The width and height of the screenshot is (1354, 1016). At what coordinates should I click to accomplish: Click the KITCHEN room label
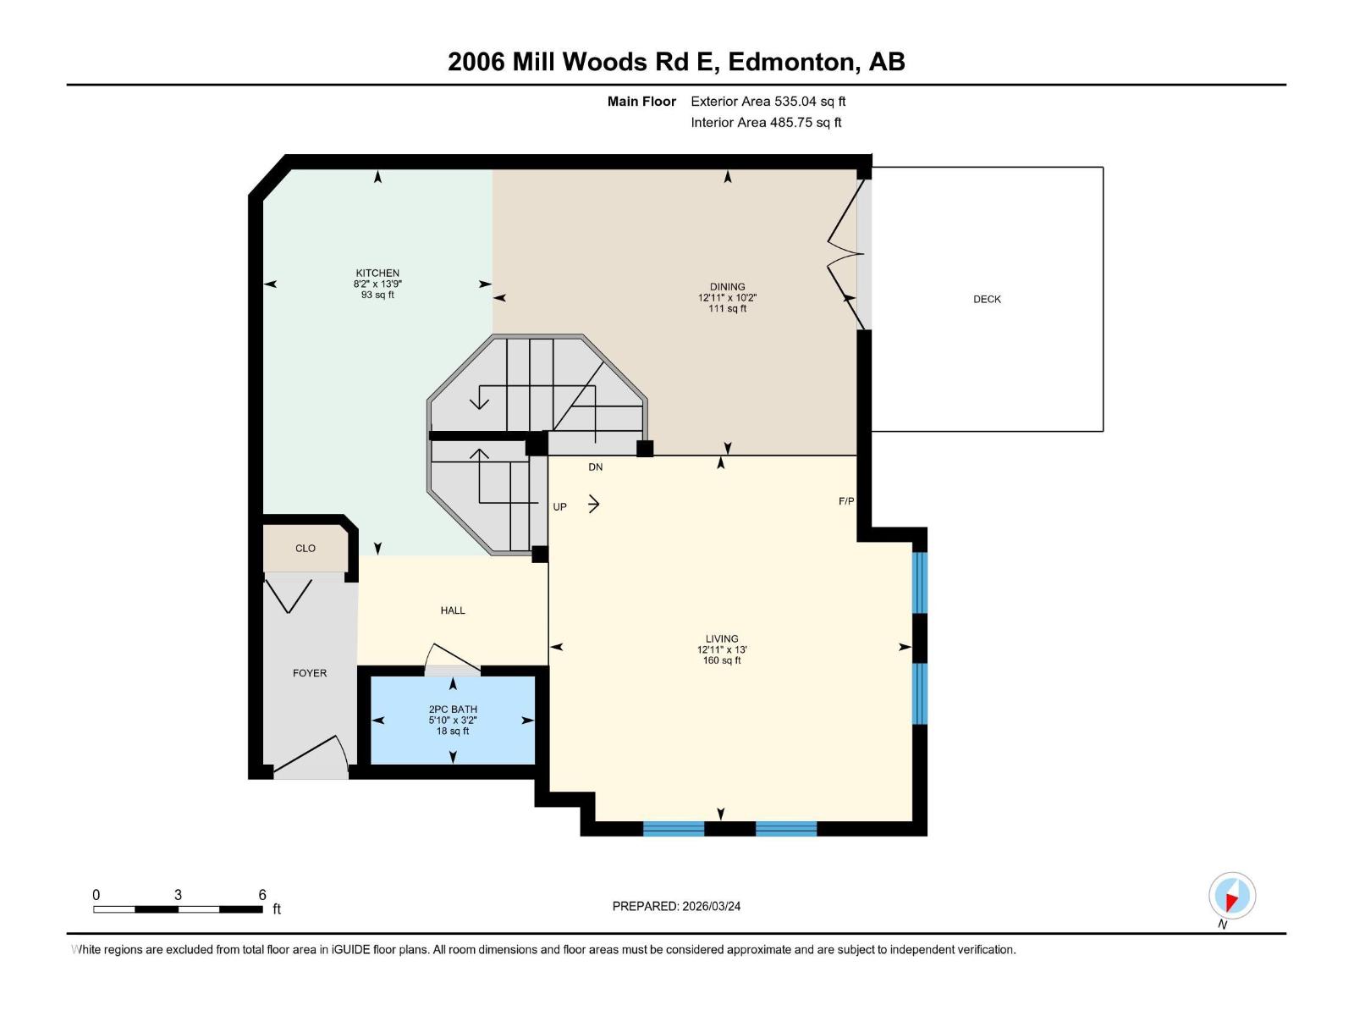[377, 273]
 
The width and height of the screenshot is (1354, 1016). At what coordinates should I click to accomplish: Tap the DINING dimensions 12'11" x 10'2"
[727, 298]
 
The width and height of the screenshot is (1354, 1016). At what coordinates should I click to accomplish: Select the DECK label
[987, 299]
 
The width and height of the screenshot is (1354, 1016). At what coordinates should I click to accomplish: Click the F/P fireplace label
[845, 501]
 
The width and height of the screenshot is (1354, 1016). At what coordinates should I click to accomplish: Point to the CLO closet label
[305, 549]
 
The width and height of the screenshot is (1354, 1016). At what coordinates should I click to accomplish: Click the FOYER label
[310, 673]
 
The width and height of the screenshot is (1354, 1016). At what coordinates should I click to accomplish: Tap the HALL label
[453, 610]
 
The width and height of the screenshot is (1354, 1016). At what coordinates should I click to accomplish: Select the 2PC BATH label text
[453, 710]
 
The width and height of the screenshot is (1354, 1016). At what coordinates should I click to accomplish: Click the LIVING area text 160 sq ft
[722, 660]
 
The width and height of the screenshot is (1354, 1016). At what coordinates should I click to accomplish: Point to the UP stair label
[559, 507]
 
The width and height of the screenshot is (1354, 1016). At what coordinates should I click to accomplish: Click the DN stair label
[596, 467]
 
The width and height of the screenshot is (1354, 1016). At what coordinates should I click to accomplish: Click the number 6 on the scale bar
[262, 895]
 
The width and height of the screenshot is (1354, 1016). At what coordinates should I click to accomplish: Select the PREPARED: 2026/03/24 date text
[676, 906]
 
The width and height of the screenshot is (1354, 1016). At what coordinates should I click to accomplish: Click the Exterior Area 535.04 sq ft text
[768, 102]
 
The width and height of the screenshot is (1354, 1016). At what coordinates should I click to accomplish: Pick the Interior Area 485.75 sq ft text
[766, 123]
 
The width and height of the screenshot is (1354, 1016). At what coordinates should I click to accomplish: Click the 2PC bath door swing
[450, 660]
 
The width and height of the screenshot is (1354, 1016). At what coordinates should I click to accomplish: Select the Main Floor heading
[641, 102]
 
